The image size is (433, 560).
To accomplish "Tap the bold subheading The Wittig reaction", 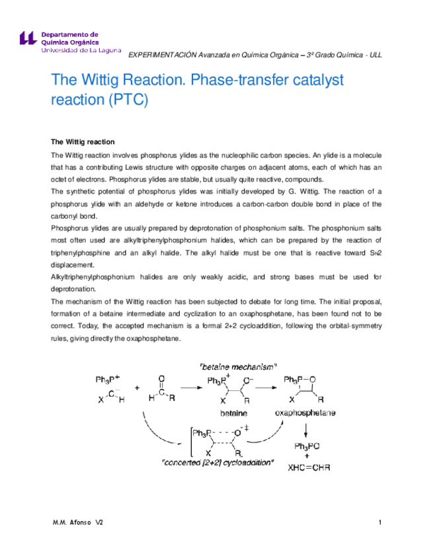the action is point(83,142).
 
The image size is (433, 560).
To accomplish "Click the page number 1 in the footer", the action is point(381,523).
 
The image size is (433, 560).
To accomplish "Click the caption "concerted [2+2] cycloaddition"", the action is point(218,463).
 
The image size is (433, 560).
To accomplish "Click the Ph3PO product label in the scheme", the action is point(308,446).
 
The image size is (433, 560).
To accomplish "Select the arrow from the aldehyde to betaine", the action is point(190,388).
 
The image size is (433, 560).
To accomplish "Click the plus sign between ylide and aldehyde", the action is point(136,388).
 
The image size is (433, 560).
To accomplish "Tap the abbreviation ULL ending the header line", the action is point(375,55).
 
